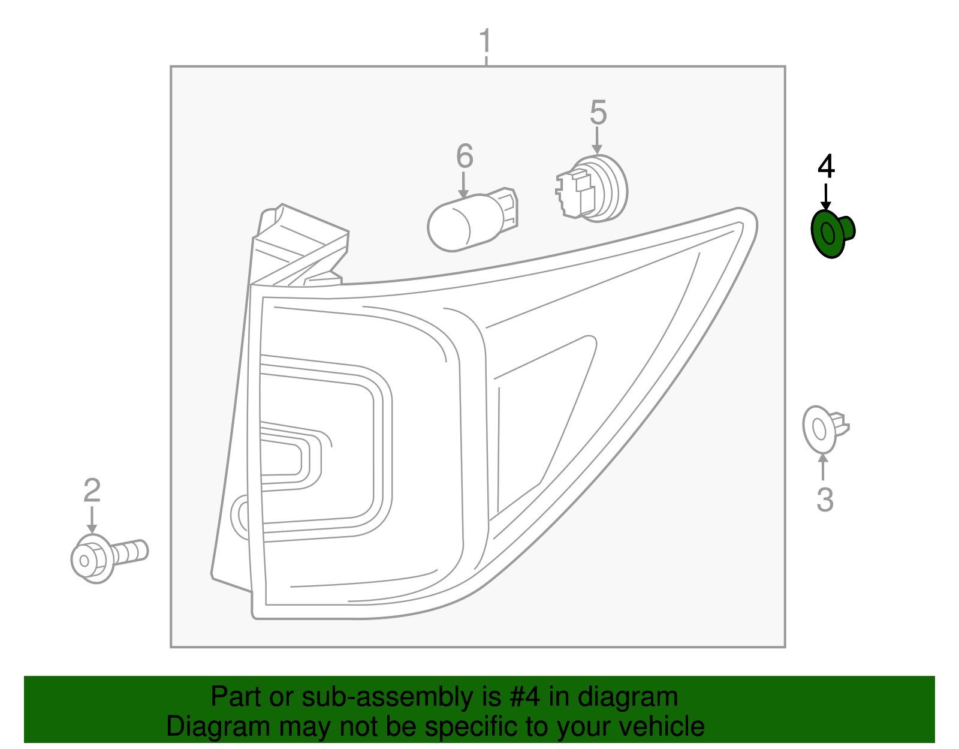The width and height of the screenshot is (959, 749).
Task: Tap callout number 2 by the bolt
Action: coord(92,491)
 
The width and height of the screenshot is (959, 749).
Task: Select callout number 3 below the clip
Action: coord(825,500)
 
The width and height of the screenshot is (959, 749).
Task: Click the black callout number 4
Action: coord(826,166)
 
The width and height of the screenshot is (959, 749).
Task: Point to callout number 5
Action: coord(598,113)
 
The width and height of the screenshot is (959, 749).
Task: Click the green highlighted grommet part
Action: coord(831,233)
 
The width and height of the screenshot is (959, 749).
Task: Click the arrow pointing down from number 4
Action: coord(826,198)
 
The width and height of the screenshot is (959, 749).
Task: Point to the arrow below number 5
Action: coord(597,142)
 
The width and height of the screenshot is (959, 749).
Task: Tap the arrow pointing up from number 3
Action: coord(824,468)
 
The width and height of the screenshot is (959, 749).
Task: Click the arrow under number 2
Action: coord(92,519)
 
